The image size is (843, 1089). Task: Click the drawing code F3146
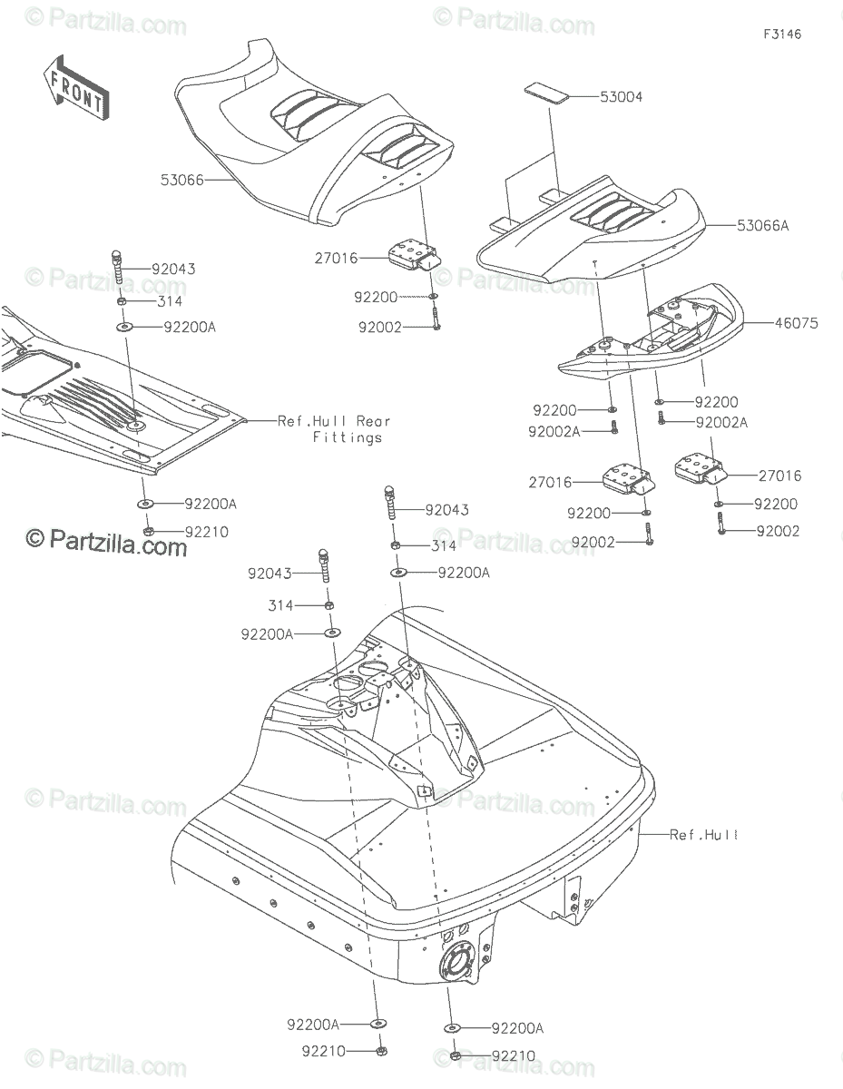[x=782, y=34]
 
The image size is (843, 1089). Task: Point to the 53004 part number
[x=621, y=96]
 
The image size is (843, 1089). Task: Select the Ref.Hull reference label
[x=703, y=834]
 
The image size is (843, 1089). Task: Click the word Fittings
[x=347, y=437]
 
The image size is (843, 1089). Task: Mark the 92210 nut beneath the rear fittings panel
[x=147, y=531]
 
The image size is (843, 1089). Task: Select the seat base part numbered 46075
[x=653, y=340]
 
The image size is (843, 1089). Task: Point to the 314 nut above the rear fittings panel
[x=122, y=301]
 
